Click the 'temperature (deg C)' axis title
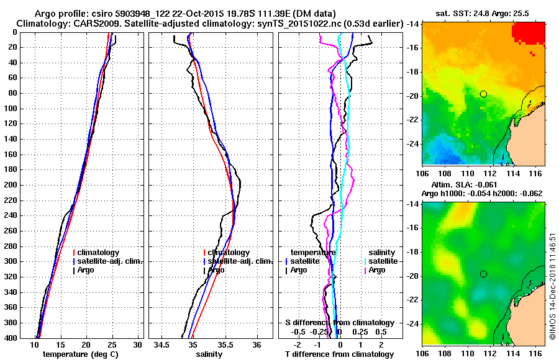(x=80, y=354)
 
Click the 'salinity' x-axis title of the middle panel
(x=209, y=354)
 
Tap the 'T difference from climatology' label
(x=339, y=354)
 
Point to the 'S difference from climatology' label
(x=339, y=323)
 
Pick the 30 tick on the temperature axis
(x=138, y=345)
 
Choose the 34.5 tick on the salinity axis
(x=162, y=345)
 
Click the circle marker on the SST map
(x=483, y=94)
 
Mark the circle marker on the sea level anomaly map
(x=483, y=274)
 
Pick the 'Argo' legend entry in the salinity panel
(x=216, y=270)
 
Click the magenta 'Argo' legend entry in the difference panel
(x=377, y=270)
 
